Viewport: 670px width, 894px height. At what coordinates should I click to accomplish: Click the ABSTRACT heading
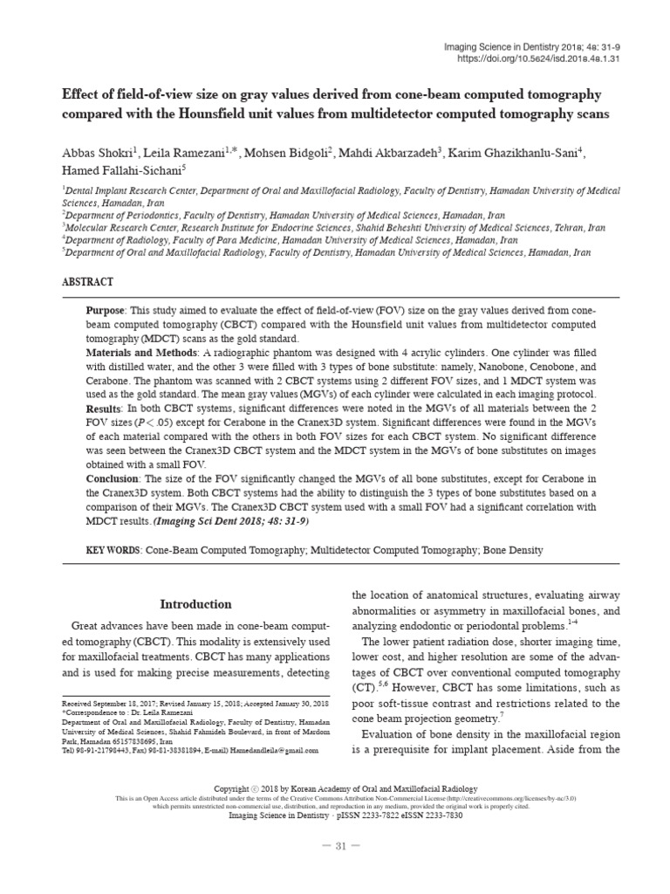pos(87,283)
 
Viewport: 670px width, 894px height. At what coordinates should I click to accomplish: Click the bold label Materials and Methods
pos(142,353)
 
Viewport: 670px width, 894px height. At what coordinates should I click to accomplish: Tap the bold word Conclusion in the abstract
pos(113,479)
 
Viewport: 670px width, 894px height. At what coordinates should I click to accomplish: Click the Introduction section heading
pos(195,604)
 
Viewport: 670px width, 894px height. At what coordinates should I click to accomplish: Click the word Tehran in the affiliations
pos(570,226)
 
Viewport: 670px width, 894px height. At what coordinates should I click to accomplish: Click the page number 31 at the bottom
pos(335,846)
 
